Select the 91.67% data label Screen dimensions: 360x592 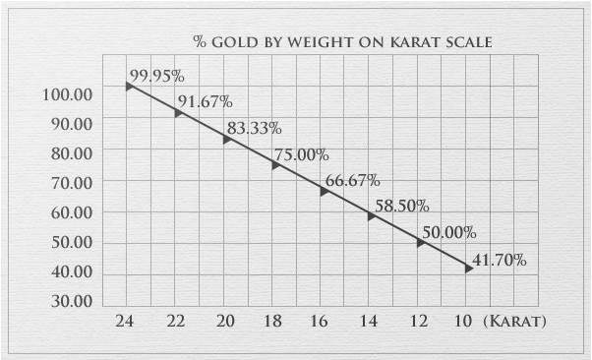click(x=205, y=101)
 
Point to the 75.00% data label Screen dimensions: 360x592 click(x=301, y=154)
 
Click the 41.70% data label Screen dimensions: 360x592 click(x=500, y=260)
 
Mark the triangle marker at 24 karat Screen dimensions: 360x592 click(x=129, y=87)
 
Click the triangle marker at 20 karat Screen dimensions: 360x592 click(x=226, y=140)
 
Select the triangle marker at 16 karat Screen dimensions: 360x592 click(x=324, y=191)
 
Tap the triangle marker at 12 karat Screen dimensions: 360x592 click(x=421, y=242)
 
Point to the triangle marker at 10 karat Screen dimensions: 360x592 click(x=469, y=268)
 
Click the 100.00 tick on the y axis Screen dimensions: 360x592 click(x=68, y=94)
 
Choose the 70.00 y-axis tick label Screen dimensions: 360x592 click(x=68, y=183)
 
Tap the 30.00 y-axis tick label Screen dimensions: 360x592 click(x=68, y=301)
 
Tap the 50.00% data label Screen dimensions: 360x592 click(x=448, y=232)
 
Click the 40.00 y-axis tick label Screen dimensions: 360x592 click(x=68, y=271)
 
